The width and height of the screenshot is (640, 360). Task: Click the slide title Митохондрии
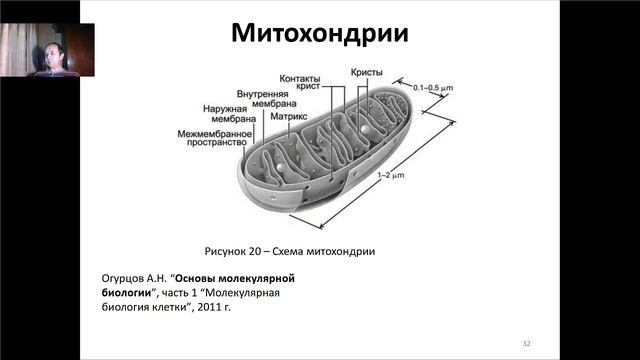pyautogui.click(x=319, y=33)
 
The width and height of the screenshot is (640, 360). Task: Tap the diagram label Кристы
pyautogui.click(x=366, y=72)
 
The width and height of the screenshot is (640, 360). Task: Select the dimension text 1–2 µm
pyautogui.click(x=390, y=175)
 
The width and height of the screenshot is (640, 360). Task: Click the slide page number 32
pyautogui.click(x=525, y=343)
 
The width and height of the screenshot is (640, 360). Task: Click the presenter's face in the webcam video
pyautogui.click(x=49, y=50)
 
